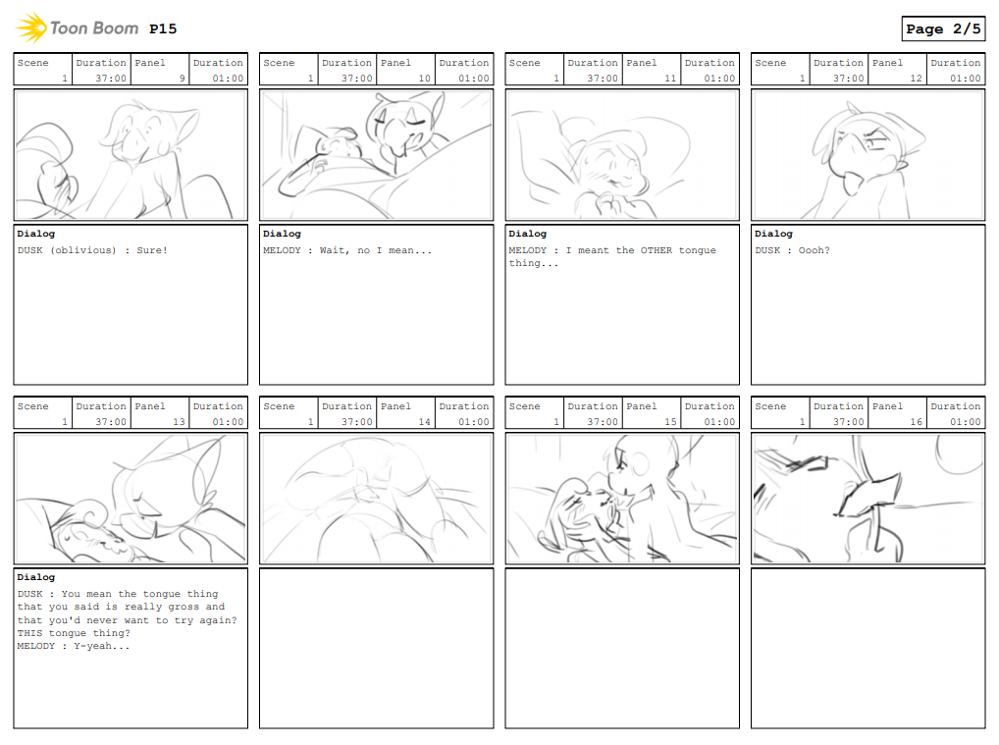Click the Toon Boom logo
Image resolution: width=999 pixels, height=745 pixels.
[77, 28]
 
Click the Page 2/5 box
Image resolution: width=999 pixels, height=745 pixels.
[943, 28]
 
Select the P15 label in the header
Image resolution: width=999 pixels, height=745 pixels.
[163, 28]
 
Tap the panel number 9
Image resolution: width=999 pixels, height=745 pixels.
[183, 79]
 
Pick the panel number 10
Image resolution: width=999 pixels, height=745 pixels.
[424, 79]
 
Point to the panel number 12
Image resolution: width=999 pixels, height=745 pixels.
[917, 79]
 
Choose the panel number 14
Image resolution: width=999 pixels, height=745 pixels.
[424, 422]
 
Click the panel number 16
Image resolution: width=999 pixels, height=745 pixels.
[917, 422]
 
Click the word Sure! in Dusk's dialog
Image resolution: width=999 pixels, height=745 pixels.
[152, 250]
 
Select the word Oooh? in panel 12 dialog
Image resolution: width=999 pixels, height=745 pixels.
[815, 250]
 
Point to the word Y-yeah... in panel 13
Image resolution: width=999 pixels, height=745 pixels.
[102, 646]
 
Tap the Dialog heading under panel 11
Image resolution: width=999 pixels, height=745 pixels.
[528, 234]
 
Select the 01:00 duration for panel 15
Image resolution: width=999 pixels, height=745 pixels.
[720, 422]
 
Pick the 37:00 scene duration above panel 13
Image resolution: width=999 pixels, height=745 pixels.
[111, 422]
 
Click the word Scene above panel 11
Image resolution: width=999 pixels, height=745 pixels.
[524, 63]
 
